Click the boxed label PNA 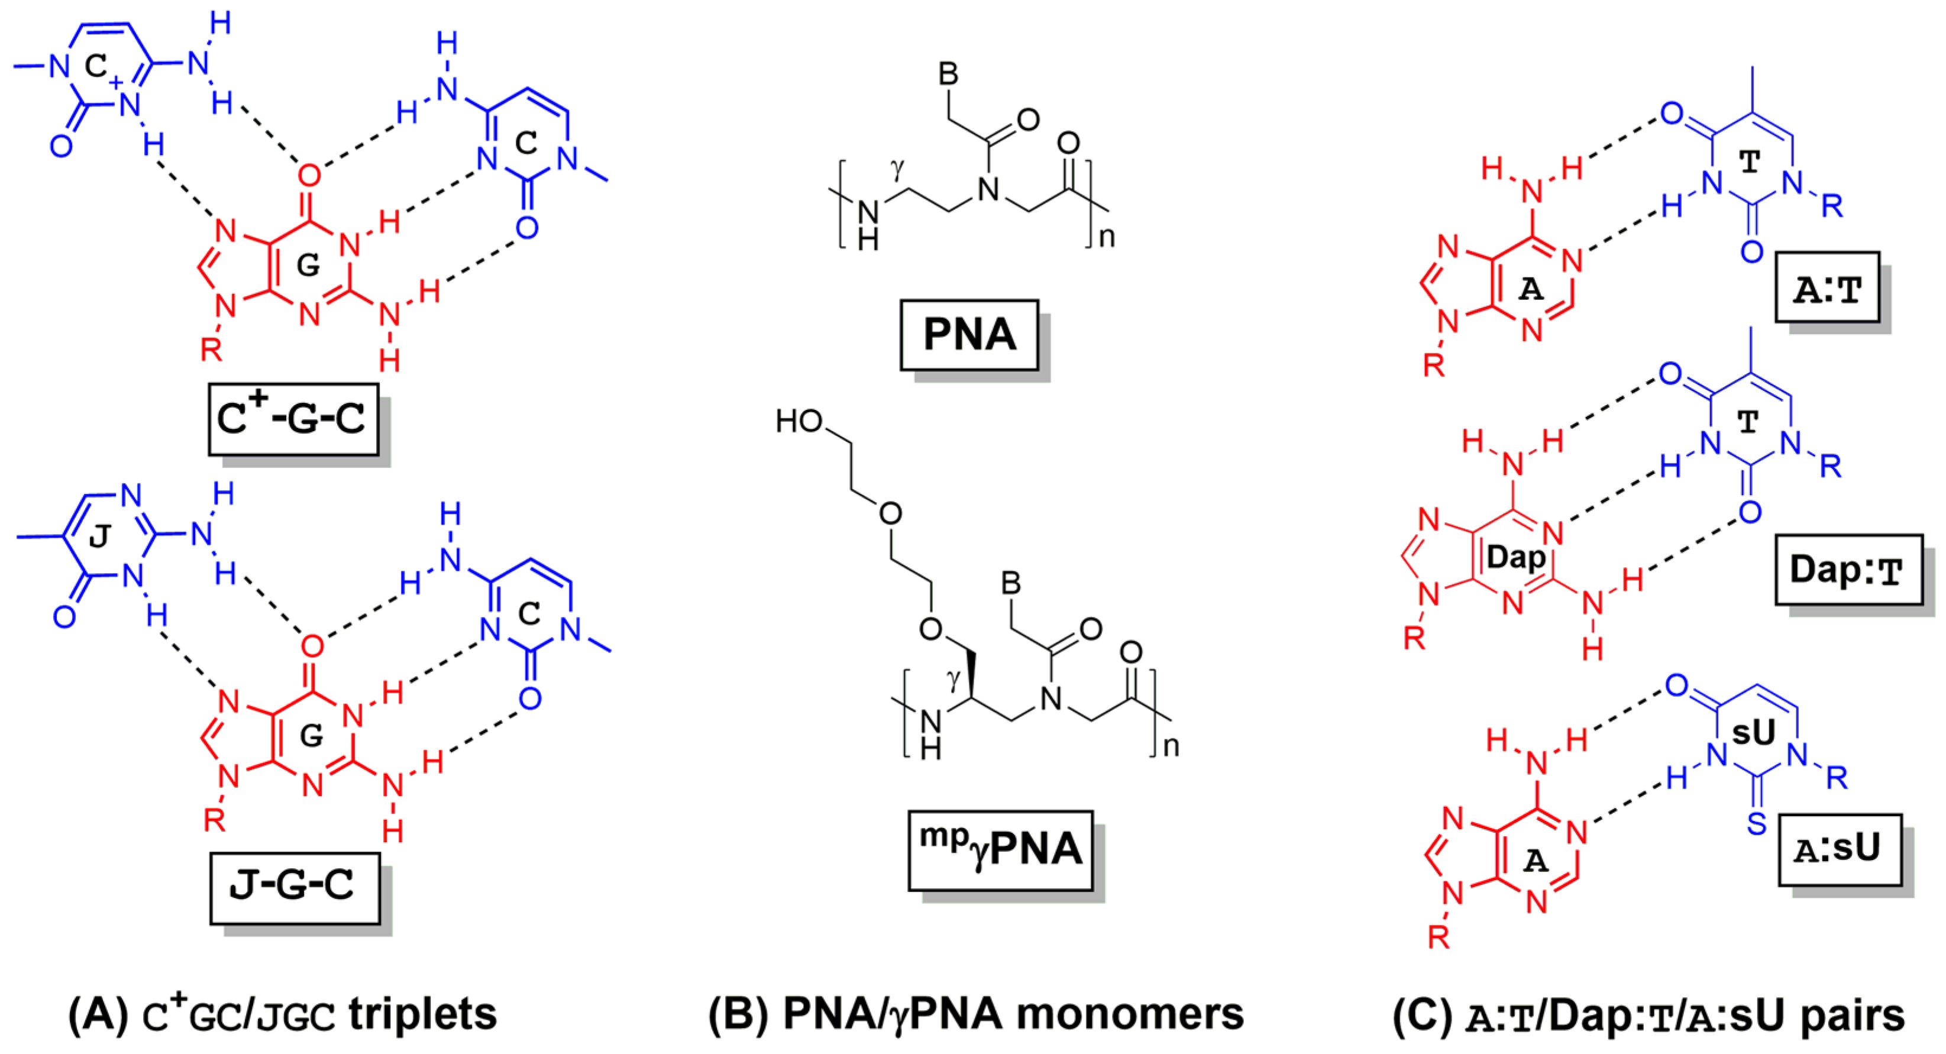pos(969,335)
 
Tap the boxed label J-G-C pos(293,885)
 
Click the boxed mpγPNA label pos(1000,850)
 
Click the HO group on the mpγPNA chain pos(799,422)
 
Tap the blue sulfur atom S pos(1757,823)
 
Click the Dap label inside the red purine pos(1515,558)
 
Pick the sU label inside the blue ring pos(1753,732)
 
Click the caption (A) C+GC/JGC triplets pos(283,1015)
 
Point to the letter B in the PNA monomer pos(948,74)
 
